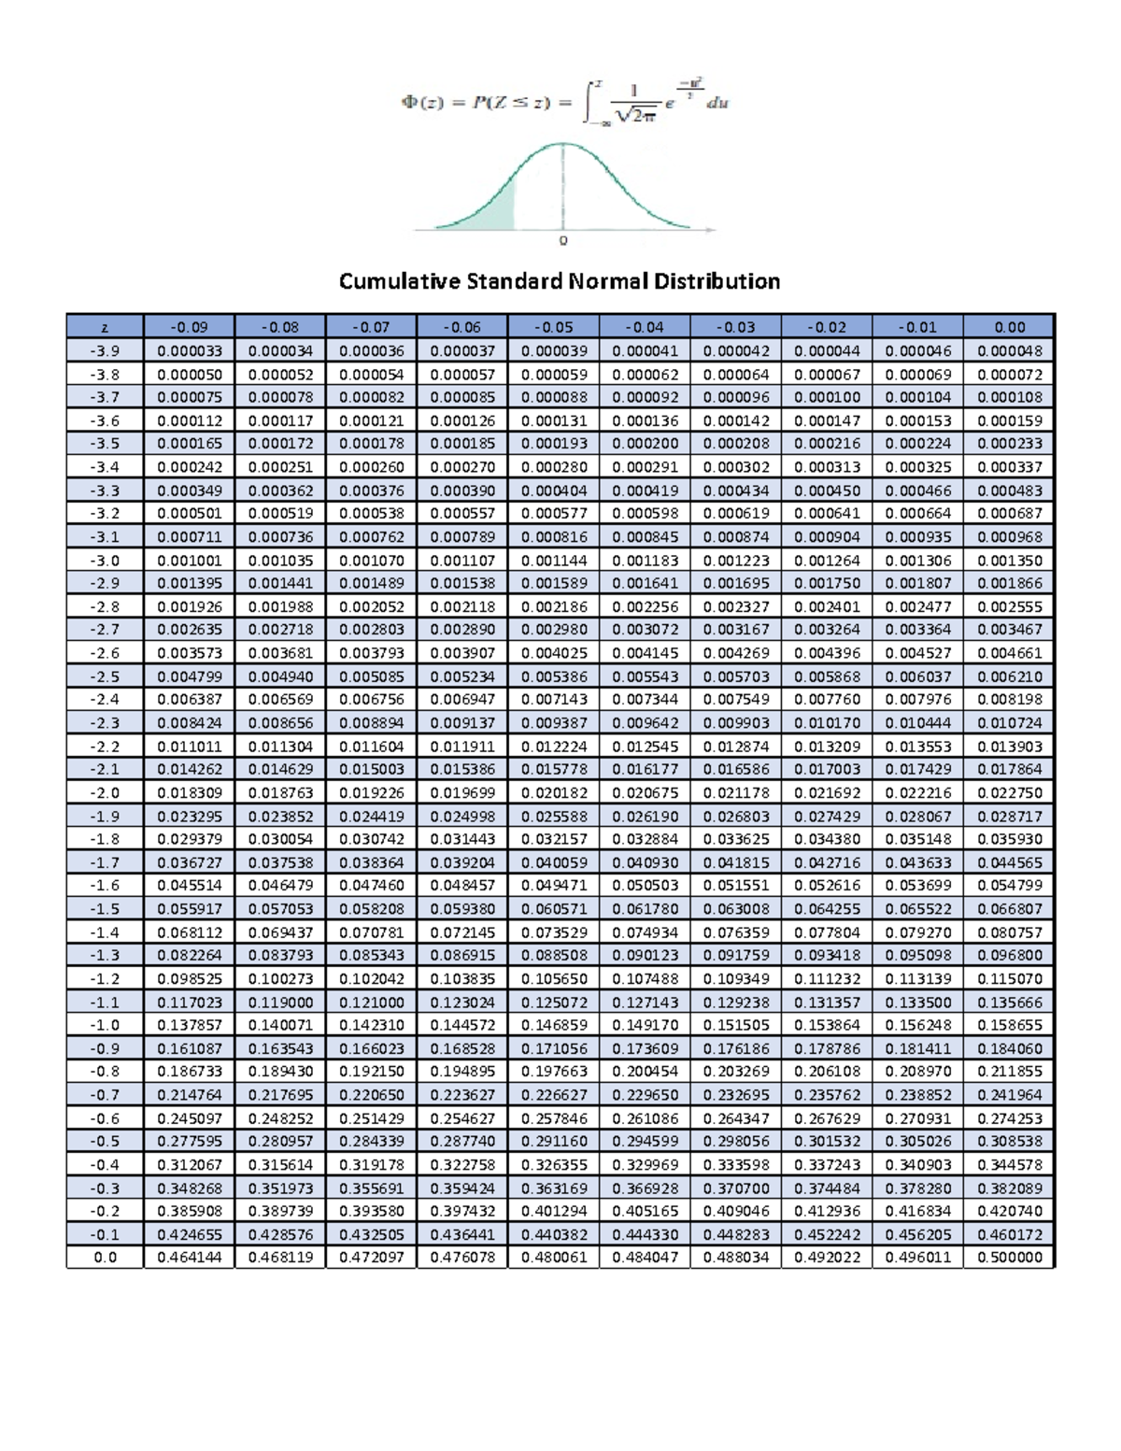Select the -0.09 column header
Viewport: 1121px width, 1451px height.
190,327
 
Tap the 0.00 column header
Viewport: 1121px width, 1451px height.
1009,327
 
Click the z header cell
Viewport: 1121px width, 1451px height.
105,327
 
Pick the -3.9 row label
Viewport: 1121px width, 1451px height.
105,350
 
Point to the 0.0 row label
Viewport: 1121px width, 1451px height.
105,1257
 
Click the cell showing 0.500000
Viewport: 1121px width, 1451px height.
1009,1257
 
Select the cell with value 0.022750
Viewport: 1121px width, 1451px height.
1009,792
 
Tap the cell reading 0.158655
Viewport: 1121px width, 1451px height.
1009,1025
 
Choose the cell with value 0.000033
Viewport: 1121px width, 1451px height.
190,350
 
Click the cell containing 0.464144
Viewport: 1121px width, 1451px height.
190,1257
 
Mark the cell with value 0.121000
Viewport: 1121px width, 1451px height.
371,1002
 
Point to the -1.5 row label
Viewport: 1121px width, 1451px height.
105,908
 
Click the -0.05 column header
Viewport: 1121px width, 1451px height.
553,327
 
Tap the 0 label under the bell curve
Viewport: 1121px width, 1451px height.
563,241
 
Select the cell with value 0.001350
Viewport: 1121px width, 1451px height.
1009,560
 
